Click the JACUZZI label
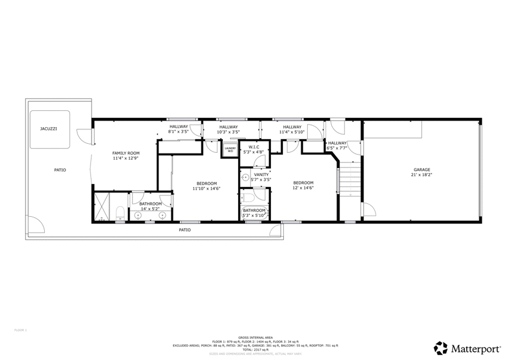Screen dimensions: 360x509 coord(48,128)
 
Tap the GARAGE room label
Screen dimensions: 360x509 coord(422,170)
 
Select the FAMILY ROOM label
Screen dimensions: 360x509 coord(126,153)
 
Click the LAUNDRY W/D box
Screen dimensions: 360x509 coord(230,150)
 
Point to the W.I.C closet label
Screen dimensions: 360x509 coord(254,147)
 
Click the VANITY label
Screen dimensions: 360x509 coord(261,174)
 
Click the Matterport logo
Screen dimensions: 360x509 coord(463,347)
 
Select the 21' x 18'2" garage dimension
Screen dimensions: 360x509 coord(422,175)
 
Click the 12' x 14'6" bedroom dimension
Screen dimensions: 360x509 coord(303,188)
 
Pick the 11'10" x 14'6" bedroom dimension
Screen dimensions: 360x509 coord(206,188)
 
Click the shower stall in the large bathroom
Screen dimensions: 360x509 coord(102,207)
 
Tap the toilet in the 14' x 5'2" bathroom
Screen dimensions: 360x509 coord(120,213)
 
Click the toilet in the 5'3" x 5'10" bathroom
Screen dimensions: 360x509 coord(247,199)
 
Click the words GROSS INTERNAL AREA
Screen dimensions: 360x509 coord(255,337)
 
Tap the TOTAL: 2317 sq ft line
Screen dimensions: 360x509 coord(255,349)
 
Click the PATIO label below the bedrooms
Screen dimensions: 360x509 coord(185,230)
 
